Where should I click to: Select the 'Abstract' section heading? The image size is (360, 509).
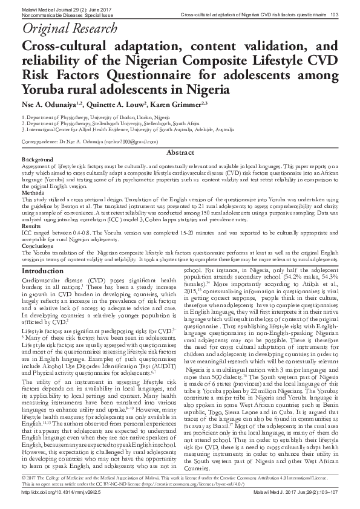pyautogui.click(x=180, y=154)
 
